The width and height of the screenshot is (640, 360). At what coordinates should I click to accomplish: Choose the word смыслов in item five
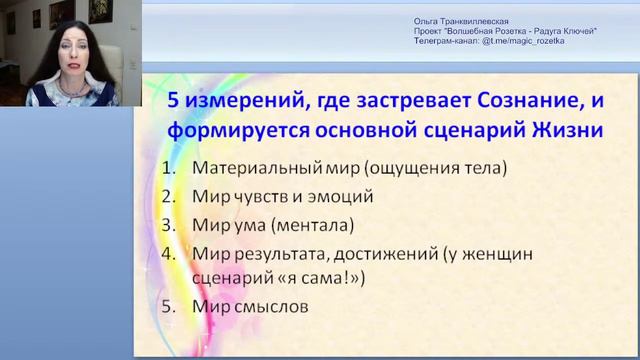(274, 307)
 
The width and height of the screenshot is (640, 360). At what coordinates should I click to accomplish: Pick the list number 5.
(168, 307)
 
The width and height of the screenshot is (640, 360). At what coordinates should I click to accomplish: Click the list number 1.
(168, 167)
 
